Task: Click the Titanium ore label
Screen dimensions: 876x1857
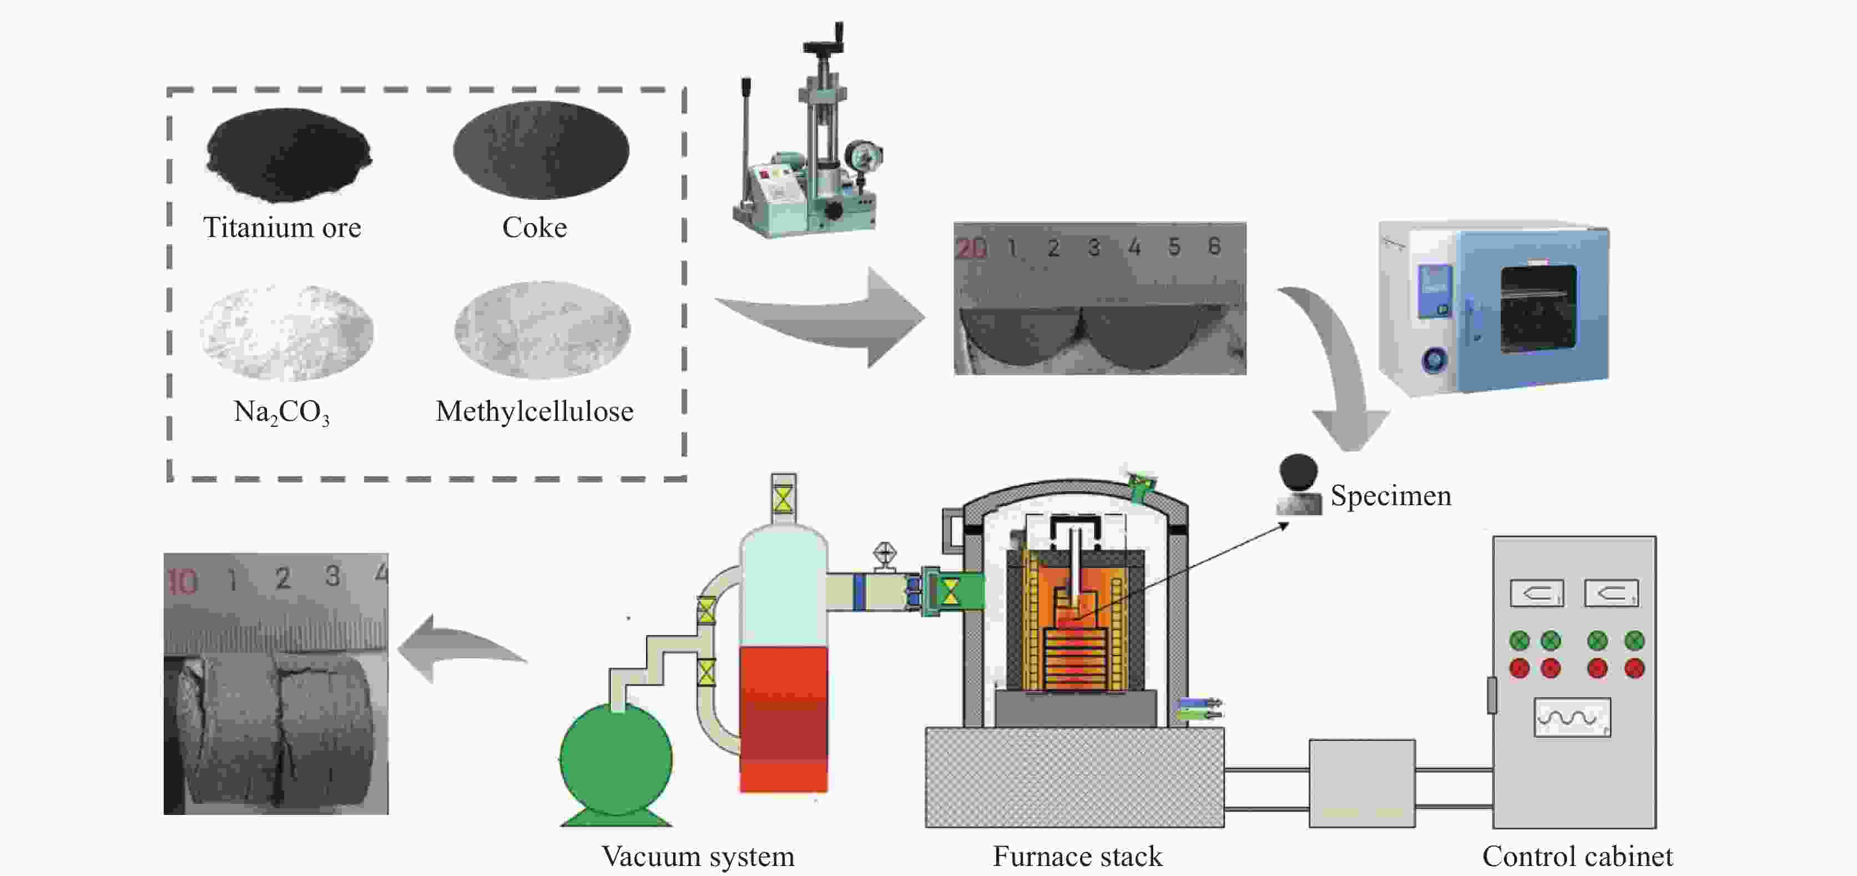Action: pos(282,228)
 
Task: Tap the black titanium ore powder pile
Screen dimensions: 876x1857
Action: pos(289,154)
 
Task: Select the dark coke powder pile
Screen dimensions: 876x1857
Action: pos(541,150)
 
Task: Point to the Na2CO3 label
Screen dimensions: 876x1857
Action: pos(282,412)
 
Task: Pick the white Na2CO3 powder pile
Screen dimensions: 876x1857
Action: pos(287,331)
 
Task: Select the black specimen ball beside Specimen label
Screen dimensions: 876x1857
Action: pos(1298,473)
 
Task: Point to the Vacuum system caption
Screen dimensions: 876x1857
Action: pos(698,857)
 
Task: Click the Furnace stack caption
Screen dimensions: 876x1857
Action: pos(1077,857)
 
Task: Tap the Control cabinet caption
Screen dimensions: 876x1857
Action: pos(1577,857)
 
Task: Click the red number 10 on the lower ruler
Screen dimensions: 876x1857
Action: pos(183,582)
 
